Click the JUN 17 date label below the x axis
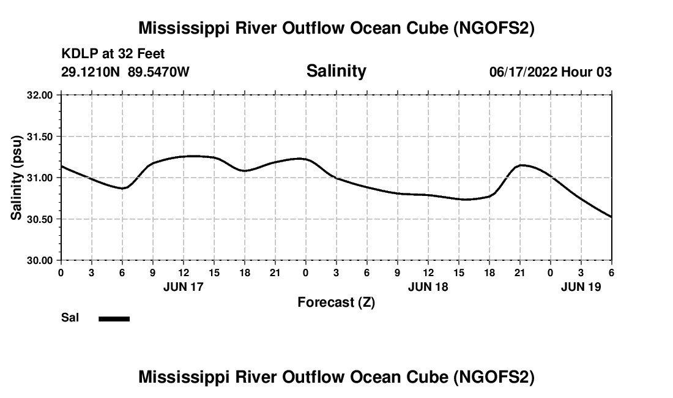tap(184, 287)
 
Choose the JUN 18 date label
tap(428, 287)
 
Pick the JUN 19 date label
tap(581, 287)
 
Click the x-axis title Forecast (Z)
tap(336, 302)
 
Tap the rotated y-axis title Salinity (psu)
tap(17, 178)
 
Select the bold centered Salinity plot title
tap(336, 71)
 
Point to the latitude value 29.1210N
tap(91, 72)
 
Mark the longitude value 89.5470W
tap(158, 72)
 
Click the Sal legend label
tap(70, 318)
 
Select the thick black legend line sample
tap(114, 318)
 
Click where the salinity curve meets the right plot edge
tap(611, 217)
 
